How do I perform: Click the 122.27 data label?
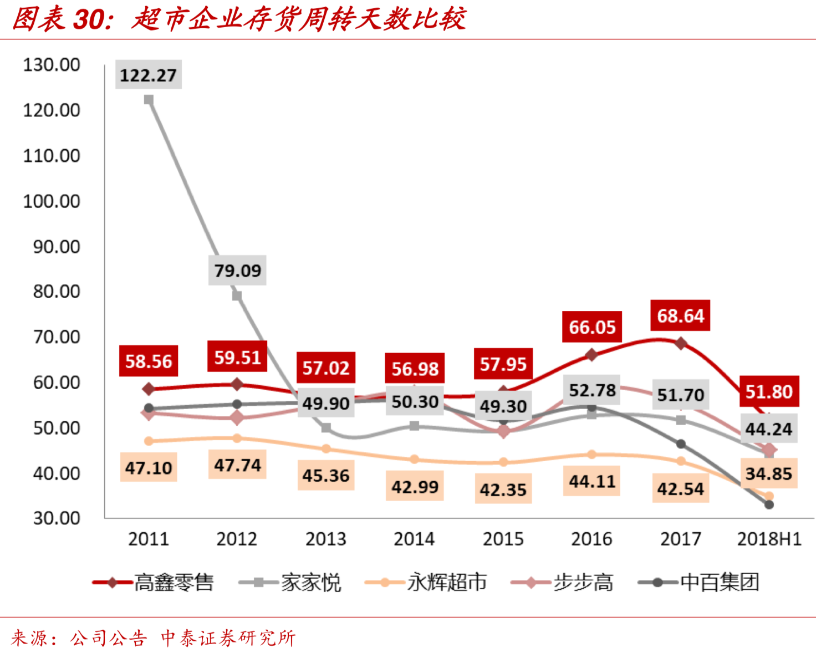coord(148,75)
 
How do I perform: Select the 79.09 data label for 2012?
coord(237,271)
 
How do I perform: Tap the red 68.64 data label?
coord(680,316)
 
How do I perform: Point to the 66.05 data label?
coord(592,327)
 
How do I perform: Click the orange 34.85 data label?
coord(768,473)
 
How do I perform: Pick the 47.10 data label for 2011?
coord(148,468)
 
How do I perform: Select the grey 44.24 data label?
coord(768,428)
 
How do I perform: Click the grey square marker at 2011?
coord(149,100)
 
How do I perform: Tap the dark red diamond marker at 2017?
coord(681,344)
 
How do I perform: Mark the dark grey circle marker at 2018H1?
coord(769,504)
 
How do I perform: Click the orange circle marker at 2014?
coord(414,459)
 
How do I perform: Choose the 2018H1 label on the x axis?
coord(769,539)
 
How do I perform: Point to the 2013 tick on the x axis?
coord(325,539)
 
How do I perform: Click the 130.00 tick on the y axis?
coord(51,65)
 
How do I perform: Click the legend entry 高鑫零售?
coord(174,583)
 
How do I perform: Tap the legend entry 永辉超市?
coord(447,583)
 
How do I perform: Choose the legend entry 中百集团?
coord(719,583)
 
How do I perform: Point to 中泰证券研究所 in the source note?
coord(228,638)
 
